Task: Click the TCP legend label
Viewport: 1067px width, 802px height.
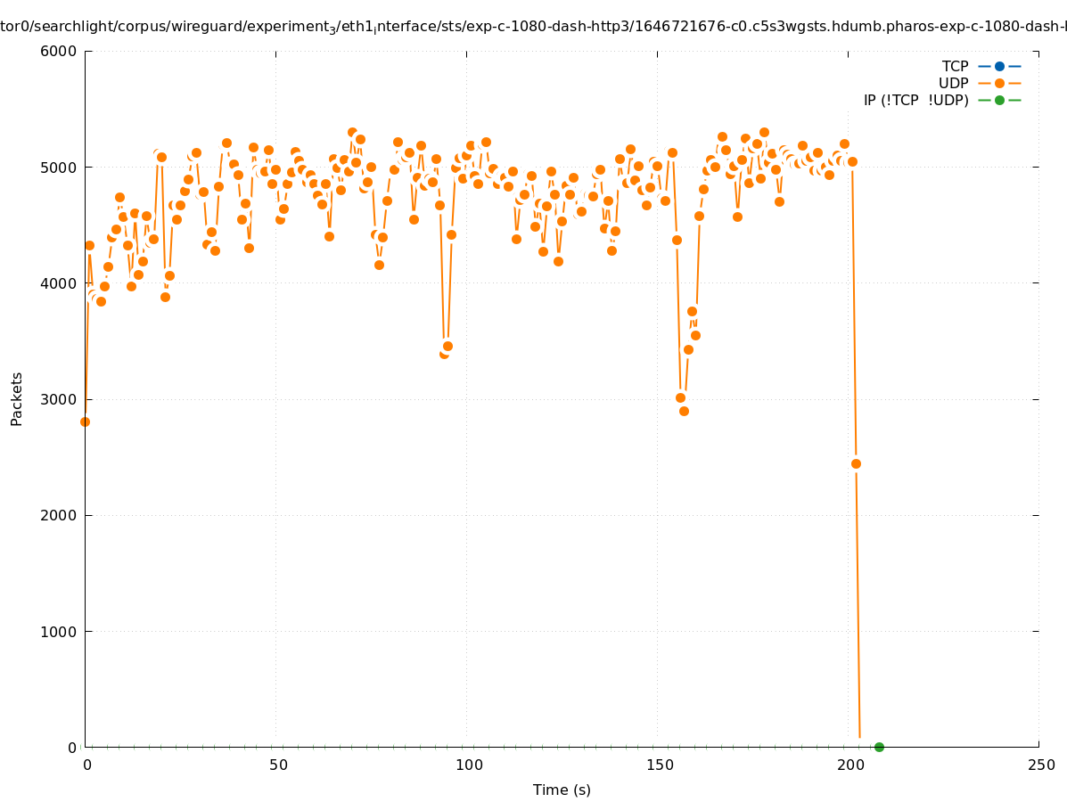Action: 955,66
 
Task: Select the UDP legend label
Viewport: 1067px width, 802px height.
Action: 953,83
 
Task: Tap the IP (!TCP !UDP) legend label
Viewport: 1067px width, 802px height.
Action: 915,100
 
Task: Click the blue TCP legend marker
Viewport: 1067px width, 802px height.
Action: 999,66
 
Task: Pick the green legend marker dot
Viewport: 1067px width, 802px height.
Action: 999,100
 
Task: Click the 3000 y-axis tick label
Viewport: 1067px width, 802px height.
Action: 60,399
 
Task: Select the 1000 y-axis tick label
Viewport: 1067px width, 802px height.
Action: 60,632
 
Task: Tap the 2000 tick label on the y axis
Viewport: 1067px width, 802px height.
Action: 60,515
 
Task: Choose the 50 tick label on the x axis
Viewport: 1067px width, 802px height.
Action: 278,765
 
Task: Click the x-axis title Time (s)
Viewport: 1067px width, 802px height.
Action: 562,790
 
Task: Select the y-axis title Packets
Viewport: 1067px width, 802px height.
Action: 17,398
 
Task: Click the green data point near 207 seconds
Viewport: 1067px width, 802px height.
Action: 879,747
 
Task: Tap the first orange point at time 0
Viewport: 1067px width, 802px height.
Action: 85,421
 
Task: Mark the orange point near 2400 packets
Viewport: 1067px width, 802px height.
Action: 856,463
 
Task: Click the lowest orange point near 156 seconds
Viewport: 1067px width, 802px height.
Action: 684,411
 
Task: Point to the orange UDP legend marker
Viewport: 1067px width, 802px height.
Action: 999,83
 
